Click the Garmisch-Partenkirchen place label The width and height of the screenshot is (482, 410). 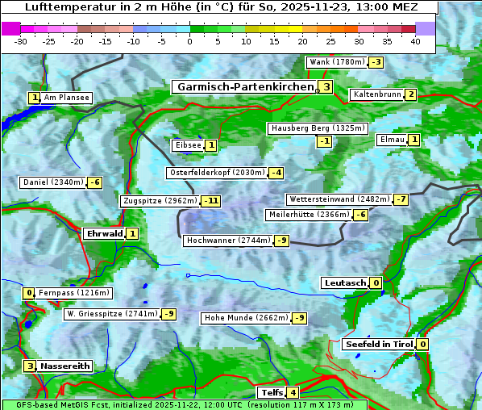(x=243, y=86)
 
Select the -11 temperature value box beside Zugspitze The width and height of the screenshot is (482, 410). (x=211, y=201)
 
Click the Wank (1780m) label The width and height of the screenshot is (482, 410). (x=337, y=62)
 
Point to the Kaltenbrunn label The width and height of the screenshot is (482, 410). (x=376, y=94)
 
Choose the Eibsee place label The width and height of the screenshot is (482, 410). (x=187, y=145)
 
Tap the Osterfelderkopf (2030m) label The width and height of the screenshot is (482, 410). (x=216, y=173)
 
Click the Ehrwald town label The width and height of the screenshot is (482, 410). (x=104, y=234)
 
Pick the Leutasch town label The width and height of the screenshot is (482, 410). (x=345, y=283)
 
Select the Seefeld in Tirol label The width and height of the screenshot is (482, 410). (x=378, y=345)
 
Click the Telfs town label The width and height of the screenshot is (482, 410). (x=270, y=393)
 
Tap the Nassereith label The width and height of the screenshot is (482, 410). (x=64, y=366)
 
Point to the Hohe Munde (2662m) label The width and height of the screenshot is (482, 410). (x=245, y=318)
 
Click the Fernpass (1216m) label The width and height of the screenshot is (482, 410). (x=74, y=293)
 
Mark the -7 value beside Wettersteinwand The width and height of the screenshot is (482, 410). (x=401, y=199)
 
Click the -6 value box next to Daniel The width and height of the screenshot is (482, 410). (x=94, y=182)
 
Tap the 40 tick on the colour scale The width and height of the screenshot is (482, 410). (x=415, y=41)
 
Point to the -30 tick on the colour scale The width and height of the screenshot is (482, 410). (x=21, y=41)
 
